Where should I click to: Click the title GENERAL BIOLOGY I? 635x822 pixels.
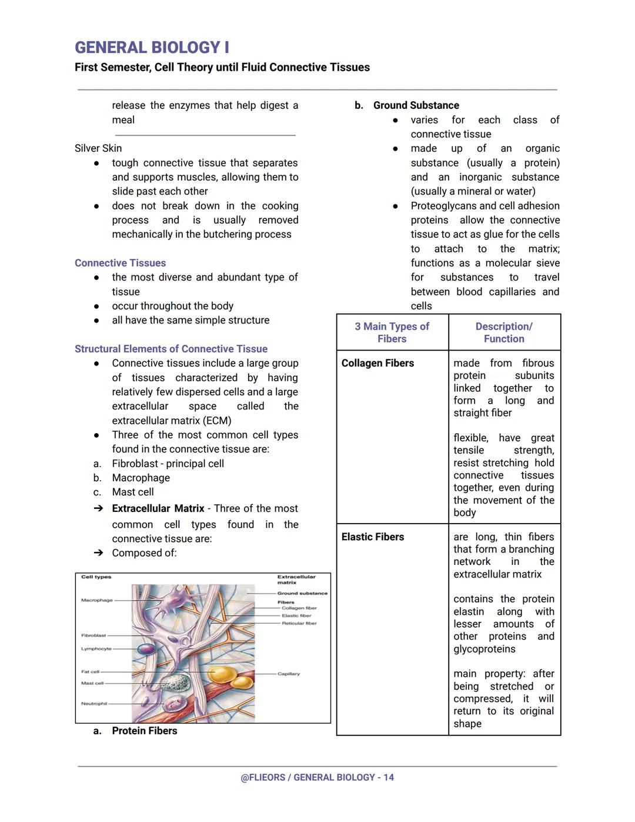(x=152, y=48)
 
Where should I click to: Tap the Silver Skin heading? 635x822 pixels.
(x=98, y=148)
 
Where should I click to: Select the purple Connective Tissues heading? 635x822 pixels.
(x=120, y=263)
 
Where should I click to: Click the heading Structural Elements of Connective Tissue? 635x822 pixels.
(x=171, y=349)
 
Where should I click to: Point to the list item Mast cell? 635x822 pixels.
(x=133, y=492)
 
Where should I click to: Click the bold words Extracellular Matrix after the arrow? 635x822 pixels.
(x=158, y=508)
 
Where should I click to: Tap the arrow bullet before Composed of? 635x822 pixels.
(x=98, y=553)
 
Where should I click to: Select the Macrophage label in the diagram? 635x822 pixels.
(x=96, y=600)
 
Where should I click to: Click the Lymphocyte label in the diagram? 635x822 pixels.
(x=96, y=648)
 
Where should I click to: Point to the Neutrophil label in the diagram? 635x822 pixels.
(x=94, y=704)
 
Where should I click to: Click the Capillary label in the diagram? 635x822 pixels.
(x=289, y=674)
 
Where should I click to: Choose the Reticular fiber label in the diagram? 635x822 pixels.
(x=299, y=623)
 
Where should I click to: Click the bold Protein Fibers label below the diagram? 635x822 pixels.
(x=145, y=731)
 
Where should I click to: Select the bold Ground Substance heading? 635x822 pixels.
(x=416, y=105)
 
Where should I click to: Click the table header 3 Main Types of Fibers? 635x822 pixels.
(x=392, y=332)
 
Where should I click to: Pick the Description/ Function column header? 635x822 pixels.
(x=504, y=332)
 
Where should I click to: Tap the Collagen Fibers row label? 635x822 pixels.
(x=377, y=364)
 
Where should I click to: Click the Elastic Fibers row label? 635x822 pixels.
(x=373, y=537)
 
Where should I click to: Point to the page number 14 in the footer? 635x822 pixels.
(x=389, y=777)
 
